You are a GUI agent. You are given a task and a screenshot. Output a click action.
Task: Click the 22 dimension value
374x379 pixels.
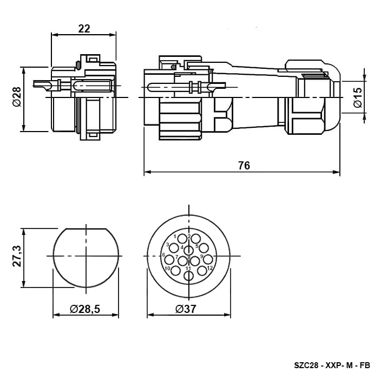coord(84,29)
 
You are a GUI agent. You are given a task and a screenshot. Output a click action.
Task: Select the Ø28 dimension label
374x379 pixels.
coord(17,97)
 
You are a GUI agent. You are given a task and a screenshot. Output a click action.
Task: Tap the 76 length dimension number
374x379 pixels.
coord(244,166)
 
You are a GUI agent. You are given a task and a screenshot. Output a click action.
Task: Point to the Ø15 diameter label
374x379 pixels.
coord(358,97)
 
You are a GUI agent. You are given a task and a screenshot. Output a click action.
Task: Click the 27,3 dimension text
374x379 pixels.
coord(17,256)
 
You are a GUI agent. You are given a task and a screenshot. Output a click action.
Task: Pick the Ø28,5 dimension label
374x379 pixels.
coord(85,309)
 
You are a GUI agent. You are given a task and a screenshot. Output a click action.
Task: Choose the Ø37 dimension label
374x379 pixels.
coord(186,309)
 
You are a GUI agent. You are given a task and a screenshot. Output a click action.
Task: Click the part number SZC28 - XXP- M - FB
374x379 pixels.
coord(332,365)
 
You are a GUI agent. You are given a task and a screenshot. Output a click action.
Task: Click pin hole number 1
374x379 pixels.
coord(182,239)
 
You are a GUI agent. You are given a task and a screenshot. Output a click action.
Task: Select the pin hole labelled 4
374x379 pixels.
coord(188,250)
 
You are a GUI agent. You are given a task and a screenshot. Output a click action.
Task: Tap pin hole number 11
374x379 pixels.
coord(188,276)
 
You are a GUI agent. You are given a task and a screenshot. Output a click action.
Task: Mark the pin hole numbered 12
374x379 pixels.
coord(202,271)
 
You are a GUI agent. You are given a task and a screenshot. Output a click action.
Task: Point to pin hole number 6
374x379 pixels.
coord(169,259)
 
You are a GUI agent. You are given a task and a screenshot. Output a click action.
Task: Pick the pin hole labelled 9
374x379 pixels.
coord(208,259)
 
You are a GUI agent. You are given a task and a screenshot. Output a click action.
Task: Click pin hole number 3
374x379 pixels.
coord(174,248)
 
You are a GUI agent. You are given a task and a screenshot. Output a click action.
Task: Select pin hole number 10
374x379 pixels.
coord(175,271)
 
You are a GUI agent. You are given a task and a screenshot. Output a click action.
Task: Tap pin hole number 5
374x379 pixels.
coord(204,248)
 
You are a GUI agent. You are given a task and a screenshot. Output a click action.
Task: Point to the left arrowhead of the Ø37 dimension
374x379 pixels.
coord(150,315)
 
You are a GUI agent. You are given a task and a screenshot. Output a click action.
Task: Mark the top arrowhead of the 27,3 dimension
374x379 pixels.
coord(23,232)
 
